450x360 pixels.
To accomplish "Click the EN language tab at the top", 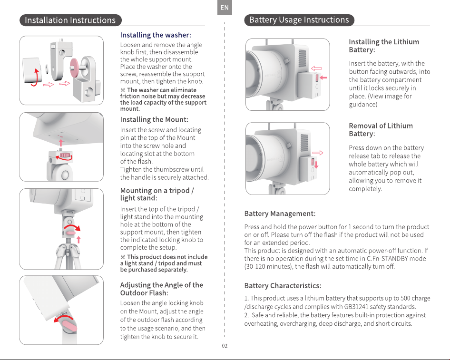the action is point(225,8).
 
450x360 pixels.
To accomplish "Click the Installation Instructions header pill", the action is point(70,20).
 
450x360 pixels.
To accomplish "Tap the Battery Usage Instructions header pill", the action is point(299,20).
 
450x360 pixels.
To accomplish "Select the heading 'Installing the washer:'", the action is point(156,35).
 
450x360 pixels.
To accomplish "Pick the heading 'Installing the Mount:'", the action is point(154,120).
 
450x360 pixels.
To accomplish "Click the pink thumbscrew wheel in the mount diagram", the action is point(65,155).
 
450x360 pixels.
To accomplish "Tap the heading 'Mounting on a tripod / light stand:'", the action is point(157,194).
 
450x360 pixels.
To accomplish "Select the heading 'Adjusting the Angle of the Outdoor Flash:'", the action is point(162,289).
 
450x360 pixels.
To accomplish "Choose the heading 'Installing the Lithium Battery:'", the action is point(384,46).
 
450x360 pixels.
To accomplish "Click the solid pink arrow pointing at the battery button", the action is point(323,78).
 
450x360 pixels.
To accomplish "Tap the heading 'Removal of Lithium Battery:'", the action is point(381,130).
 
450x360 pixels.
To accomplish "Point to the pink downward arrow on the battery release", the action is point(316,165).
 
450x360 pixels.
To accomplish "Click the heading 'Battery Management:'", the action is point(280,214).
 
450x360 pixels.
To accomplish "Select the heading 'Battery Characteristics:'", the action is point(283,286).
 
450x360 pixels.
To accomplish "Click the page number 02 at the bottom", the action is point(225,346).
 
